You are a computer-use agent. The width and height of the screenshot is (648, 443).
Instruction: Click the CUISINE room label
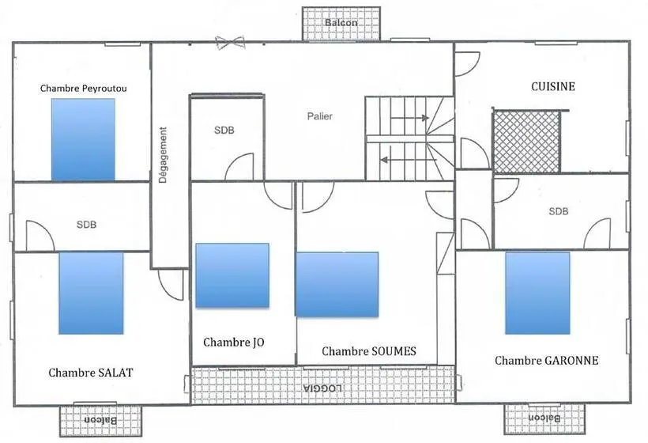pos(553,86)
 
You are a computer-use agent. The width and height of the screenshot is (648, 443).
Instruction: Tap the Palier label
pos(320,116)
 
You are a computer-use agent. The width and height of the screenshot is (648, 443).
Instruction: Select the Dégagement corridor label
pos(164,155)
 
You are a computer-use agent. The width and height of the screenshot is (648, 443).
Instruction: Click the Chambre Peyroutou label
pos(84,88)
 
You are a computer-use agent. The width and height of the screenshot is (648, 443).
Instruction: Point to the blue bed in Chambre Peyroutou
pos(83,139)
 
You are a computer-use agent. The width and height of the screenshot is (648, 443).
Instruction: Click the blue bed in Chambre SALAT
pos(92,293)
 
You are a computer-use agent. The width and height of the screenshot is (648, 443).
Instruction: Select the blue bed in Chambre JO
pos(232,275)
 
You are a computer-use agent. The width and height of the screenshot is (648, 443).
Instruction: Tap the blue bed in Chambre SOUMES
pos(337,285)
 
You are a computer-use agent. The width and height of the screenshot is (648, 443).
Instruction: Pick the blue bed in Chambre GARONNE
pos(537,293)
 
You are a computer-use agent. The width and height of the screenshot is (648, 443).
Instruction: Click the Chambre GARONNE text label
pos(547,360)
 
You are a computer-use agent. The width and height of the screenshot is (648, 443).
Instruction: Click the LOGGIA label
pos(322,388)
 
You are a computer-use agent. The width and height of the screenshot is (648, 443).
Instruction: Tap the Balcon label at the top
pos(341,23)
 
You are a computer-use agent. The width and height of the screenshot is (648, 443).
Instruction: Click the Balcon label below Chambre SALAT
pos(100,420)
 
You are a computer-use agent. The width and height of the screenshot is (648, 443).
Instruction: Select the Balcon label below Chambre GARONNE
pos(544,418)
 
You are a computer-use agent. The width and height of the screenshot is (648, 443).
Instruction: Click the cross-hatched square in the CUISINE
pos(527,142)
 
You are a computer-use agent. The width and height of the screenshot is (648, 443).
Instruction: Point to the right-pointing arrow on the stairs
pos(409,119)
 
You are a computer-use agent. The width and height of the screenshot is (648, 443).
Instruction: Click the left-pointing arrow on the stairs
pos(409,160)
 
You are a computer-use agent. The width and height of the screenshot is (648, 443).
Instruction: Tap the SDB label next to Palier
pos(224,131)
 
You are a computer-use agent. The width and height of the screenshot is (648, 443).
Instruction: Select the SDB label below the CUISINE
pos(559,211)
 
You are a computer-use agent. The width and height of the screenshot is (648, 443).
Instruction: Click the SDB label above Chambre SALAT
pos(86,225)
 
